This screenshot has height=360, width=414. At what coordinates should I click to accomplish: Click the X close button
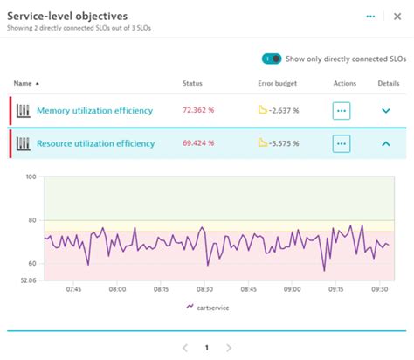click(397, 17)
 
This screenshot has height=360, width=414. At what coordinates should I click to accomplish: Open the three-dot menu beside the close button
click(370, 17)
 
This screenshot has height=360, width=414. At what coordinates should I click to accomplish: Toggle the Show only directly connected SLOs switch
click(273, 59)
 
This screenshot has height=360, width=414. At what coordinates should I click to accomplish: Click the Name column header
click(24, 83)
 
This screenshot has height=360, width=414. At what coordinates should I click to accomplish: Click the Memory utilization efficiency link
click(94, 110)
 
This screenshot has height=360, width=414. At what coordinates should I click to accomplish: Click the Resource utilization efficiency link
click(96, 142)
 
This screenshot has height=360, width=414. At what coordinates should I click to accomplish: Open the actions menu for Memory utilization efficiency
click(342, 111)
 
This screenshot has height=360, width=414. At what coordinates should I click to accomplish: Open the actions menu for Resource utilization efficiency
click(342, 142)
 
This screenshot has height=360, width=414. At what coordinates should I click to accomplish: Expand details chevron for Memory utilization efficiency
click(387, 111)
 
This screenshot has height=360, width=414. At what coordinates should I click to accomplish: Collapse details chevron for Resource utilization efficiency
click(387, 142)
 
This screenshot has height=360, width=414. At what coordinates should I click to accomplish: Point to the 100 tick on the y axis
click(31, 177)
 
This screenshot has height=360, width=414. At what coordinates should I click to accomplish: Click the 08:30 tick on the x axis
click(204, 288)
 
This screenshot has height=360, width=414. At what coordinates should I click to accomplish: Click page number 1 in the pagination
click(206, 347)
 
